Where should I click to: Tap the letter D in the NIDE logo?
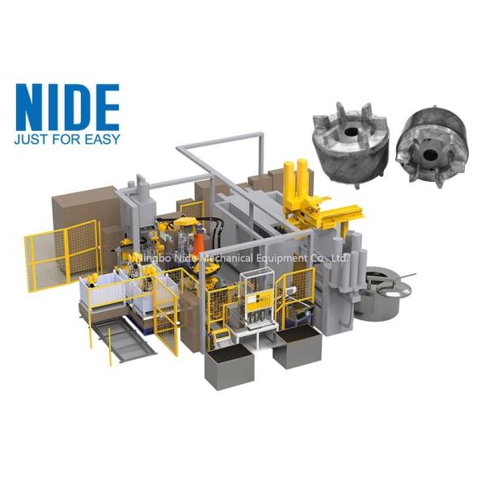coord(81,108)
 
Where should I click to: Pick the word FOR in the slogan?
coord(67,139)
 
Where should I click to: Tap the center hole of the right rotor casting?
coord(429,154)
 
